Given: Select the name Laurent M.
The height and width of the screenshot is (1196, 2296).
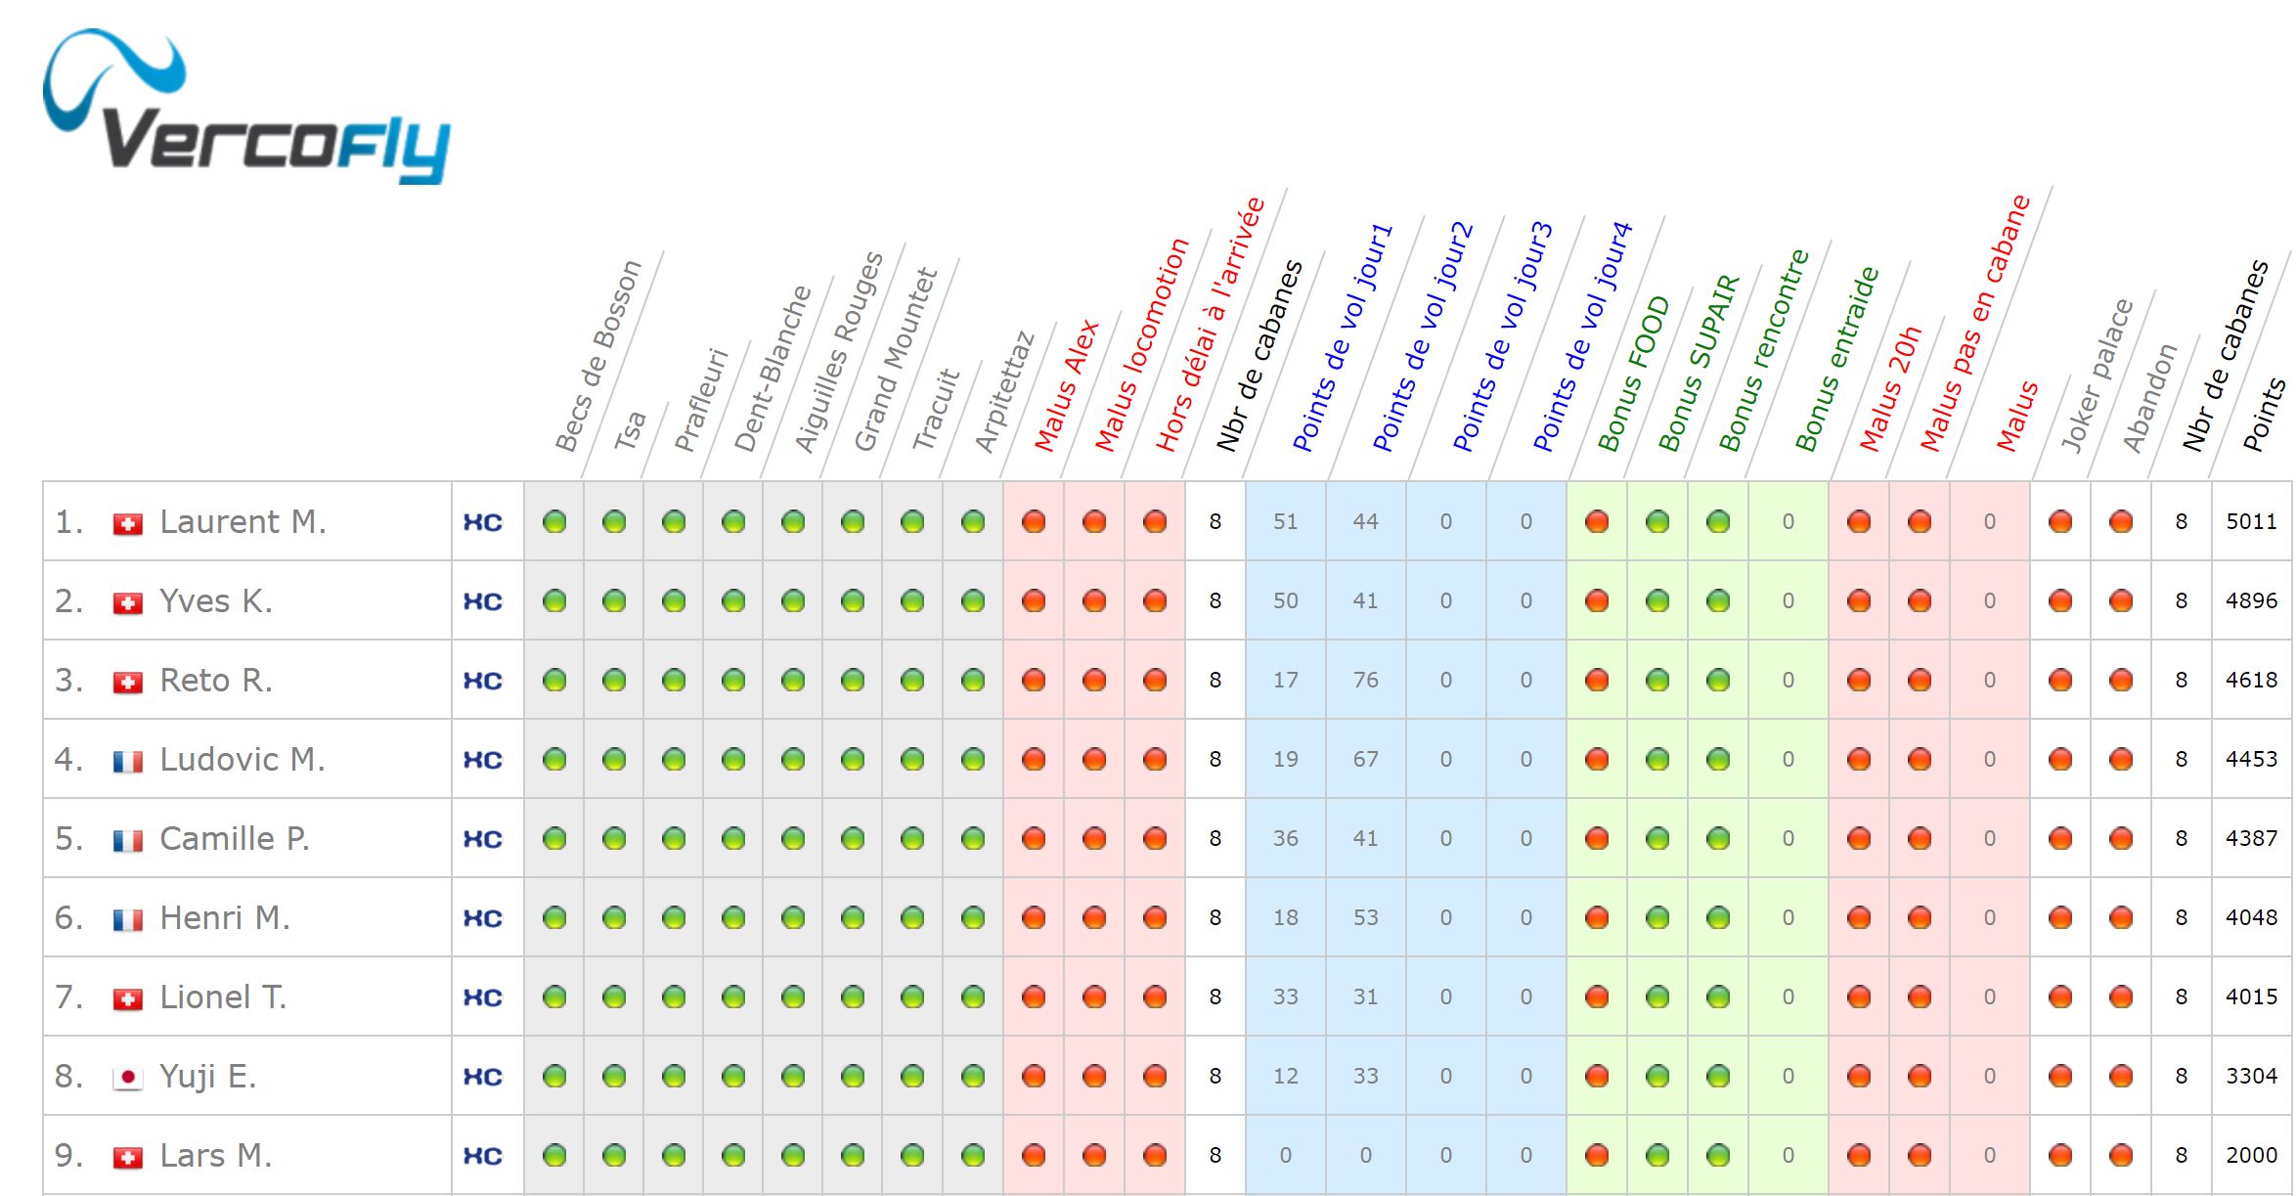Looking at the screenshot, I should [243, 522].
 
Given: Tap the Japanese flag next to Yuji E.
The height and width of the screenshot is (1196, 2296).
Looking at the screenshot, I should [128, 1078].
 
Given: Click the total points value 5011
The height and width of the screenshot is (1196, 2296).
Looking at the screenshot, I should [2251, 522].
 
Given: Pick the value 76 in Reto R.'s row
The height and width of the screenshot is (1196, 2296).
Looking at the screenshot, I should [1365, 681].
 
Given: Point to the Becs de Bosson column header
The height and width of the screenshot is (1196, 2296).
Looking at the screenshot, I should [598, 356].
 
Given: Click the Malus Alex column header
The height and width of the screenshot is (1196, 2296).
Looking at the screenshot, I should [1067, 385].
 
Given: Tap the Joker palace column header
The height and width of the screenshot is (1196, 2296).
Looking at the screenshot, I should [2097, 376].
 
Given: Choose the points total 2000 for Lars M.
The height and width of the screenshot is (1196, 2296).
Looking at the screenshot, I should [2251, 1156].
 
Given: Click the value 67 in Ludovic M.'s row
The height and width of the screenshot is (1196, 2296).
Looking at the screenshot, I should [1365, 760].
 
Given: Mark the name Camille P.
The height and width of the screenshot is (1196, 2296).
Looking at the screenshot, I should [235, 839].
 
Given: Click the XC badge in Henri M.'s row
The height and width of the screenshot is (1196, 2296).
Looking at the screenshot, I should [483, 918].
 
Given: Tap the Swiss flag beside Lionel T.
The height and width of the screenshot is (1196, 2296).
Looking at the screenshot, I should [128, 998].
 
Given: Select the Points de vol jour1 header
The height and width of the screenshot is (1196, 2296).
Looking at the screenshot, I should [1342, 337].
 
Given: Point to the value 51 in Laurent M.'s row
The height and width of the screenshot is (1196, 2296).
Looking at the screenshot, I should [1285, 522].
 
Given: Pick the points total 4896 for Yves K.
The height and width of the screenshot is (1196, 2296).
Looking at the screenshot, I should [2251, 601].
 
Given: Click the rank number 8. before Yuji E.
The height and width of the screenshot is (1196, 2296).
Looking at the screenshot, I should [68, 1077].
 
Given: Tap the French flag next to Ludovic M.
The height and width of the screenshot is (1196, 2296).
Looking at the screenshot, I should [128, 761].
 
